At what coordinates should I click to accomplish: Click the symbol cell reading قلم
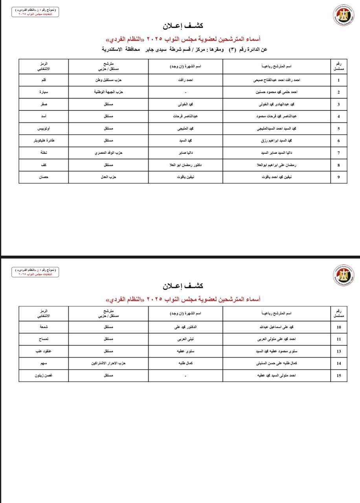(44, 80)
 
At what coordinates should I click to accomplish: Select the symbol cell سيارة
(44, 92)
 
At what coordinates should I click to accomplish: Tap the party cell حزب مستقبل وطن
(107, 80)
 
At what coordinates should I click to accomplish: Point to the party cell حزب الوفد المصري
(107, 152)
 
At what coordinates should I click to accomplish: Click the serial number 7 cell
(338, 153)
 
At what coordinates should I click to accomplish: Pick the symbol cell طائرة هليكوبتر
(44, 141)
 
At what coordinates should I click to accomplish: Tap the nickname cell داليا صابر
(186, 152)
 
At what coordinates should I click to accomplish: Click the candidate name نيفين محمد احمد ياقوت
(277, 177)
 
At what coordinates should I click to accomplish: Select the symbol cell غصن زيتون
(44, 376)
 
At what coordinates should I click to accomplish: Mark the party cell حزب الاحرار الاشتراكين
(107, 363)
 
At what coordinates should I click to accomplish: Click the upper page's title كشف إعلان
(183, 26)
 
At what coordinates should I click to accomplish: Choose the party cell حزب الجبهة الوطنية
(107, 92)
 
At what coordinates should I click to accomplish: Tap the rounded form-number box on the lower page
(35, 272)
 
